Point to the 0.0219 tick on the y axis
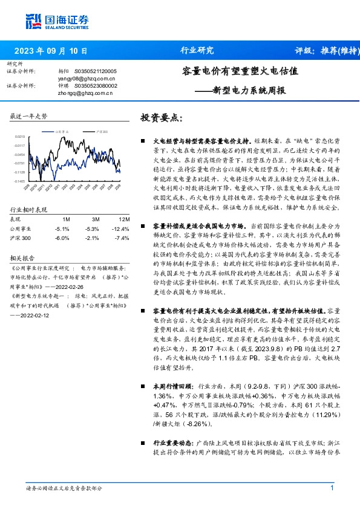pos(21,137)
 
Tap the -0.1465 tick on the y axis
pos(21,180)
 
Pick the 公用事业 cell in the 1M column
pos(62,229)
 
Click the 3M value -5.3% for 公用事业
pos(92,229)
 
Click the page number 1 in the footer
pos(332,488)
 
